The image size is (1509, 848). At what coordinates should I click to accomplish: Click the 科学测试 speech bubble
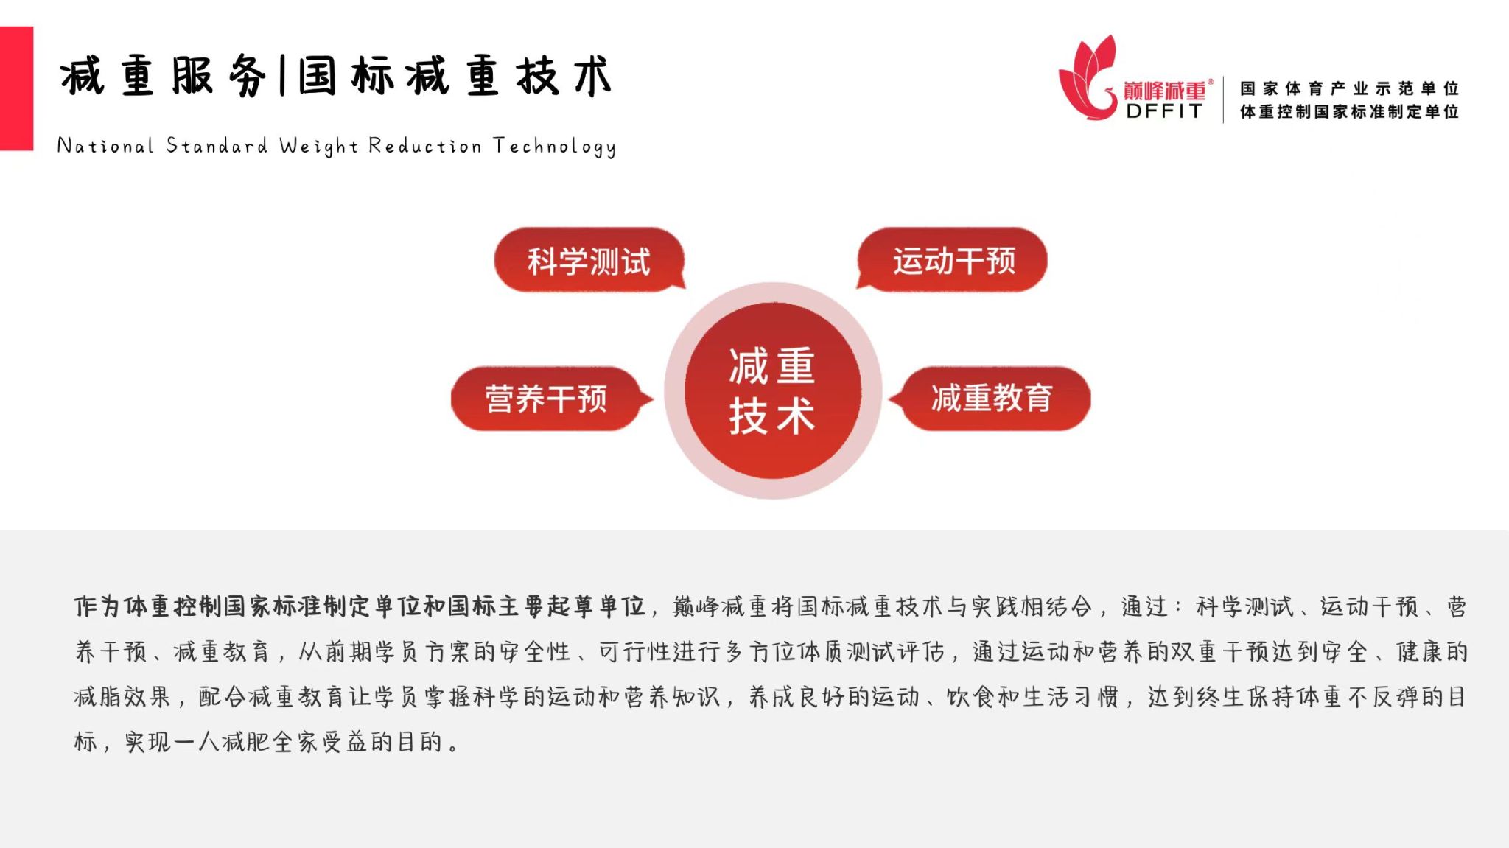point(589,260)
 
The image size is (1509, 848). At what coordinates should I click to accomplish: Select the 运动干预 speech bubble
point(953,260)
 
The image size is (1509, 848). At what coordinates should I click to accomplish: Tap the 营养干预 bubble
point(549,399)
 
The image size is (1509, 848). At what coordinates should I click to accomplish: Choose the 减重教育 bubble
point(990,399)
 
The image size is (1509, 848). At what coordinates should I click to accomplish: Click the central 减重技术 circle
point(772,390)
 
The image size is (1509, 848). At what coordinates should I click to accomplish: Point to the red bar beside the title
point(16,88)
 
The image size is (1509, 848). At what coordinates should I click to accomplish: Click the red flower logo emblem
point(1089,78)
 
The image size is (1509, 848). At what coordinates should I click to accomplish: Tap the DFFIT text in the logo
point(1164,111)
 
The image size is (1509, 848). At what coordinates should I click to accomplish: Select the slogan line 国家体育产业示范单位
point(1349,88)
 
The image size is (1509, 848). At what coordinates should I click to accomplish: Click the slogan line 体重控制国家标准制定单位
point(1349,111)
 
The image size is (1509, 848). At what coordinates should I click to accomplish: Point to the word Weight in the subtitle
point(318,147)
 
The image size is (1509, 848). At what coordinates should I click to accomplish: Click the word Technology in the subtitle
point(554,147)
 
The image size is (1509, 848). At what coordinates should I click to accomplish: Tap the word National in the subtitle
point(105,145)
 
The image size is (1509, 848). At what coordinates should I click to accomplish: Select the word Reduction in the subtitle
point(424,145)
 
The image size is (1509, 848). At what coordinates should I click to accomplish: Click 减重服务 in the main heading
point(164,76)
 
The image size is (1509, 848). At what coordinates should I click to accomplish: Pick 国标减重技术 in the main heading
point(455,76)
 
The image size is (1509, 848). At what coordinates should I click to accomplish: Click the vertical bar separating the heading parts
point(282,76)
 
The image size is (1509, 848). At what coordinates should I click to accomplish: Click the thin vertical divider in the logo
point(1223,99)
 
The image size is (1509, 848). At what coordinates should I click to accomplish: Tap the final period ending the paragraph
point(452,746)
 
